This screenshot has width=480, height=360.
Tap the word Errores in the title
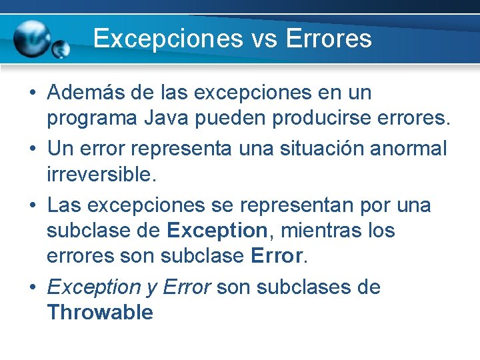(x=328, y=38)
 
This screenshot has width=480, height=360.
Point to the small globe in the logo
(x=61, y=49)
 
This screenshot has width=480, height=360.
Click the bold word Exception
(x=217, y=231)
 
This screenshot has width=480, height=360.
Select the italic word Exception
(x=93, y=287)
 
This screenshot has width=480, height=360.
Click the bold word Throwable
(x=100, y=313)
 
